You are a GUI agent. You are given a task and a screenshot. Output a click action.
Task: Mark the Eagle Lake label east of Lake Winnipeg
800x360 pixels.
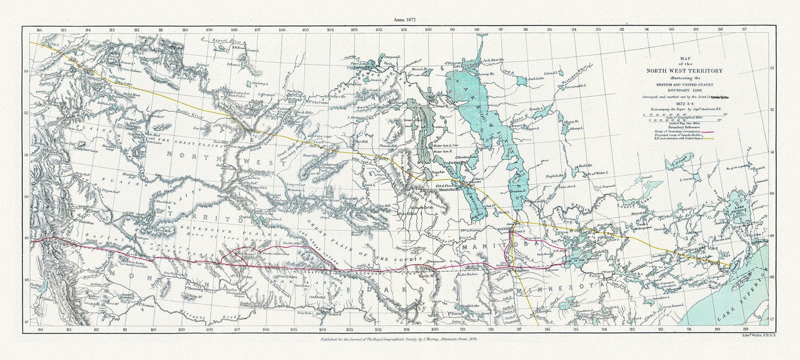pyautogui.click(x=556, y=176)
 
